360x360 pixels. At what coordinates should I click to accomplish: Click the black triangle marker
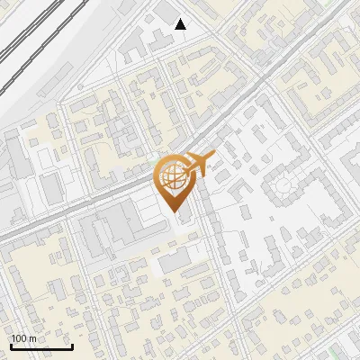click(181, 24)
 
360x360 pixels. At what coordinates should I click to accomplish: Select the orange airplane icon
click(200, 163)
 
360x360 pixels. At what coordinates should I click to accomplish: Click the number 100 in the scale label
click(20, 338)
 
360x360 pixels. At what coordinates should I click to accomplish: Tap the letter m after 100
click(32, 338)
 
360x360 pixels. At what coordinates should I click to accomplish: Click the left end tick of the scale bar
click(11, 346)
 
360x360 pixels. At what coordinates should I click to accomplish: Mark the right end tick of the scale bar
click(72, 346)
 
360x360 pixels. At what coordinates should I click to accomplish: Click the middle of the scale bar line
click(41, 347)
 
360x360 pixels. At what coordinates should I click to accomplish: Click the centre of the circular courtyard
click(283, 185)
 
